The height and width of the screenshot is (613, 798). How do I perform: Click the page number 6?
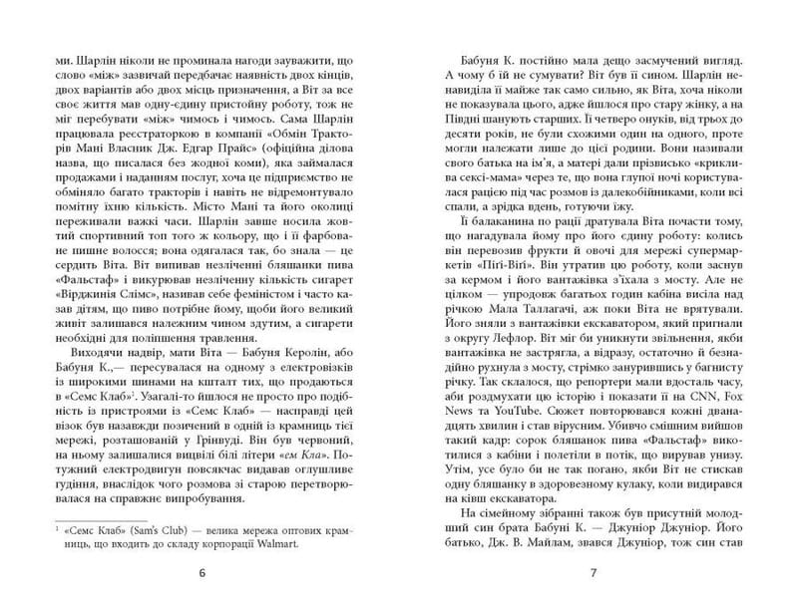coord(201,573)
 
